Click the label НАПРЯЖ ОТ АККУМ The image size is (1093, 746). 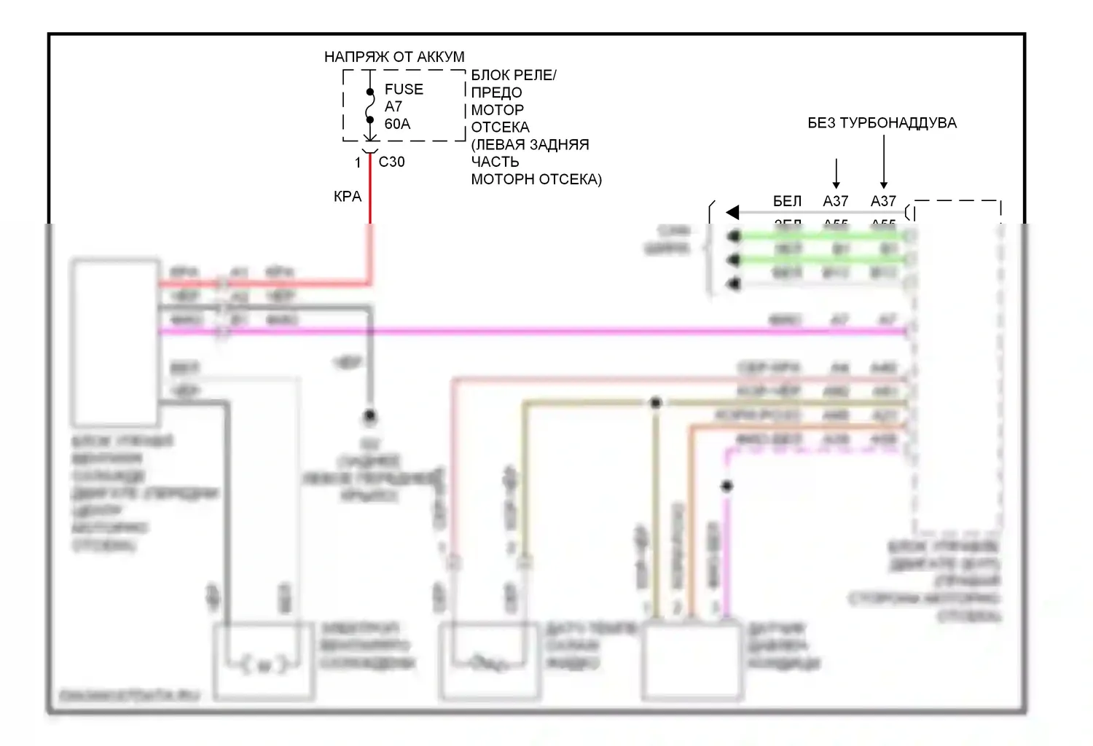(x=394, y=57)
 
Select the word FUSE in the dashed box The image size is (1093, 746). (x=404, y=90)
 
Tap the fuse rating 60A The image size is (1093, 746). (x=397, y=124)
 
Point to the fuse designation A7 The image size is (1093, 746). (x=393, y=106)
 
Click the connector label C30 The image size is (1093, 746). (x=391, y=162)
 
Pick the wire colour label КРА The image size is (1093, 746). (x=348, y=196)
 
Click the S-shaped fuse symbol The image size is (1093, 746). (x=370, y=106)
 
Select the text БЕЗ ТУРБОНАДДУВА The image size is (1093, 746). (x=882, y=123)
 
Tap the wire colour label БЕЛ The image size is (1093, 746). (x=787, y=201)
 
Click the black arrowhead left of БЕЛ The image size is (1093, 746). (x=733, y=212)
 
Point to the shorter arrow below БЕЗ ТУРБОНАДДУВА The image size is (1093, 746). (x=836, y=173)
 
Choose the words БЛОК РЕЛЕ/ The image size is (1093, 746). (x=514, y=75)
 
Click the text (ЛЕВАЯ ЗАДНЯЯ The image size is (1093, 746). (x=530, y=144)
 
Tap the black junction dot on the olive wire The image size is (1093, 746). (x=656, y=402)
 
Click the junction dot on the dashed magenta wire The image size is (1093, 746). (x=726, y=486)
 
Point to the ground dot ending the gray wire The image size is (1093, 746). (x=369, y=417)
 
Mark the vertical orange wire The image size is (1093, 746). (x=691, y=525)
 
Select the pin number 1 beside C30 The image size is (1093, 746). (x=358, y=162)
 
